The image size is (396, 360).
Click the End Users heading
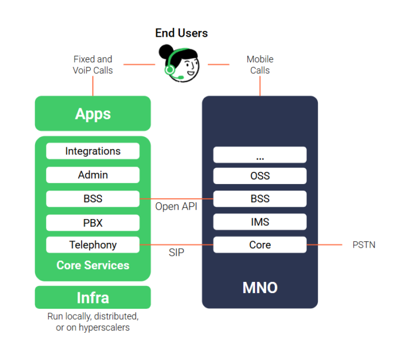pyautogui.click(x=181, y=33)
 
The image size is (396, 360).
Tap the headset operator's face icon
pyautogui.click(x=181, y=64)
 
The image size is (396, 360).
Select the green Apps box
pyautogui.click(x=93, y=114)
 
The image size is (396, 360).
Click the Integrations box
pyautogui.click(x=93, y=151)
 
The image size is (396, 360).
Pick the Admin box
pyautogui.click(x=93, y=175)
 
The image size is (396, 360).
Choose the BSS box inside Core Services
pyautogui.click(x=93, y=199)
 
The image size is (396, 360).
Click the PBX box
pyautogui.click(x=93, y=222)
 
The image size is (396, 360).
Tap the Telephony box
pyautogui.click(x=93, y=245)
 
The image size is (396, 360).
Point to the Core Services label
pyautogui.click(x=93, y=265)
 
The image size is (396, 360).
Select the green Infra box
pyautogui.click(x=93, y=298)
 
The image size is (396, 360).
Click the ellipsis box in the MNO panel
pyautogui.click(x=260, y=155)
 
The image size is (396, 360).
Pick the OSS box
pyautogui.click(x=260, y=176)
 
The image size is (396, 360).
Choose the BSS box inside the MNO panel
pyautogui.click(x=260, y=199)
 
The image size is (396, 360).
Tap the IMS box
pyautogui.click(x=260, y=222)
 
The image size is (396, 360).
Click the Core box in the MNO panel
pyautogui.click(x=260, y=245)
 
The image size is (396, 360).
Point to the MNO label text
pyautogui.click(x=260, y=288)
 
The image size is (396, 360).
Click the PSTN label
pyautogui.click(x=364, y=245)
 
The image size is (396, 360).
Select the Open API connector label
pyautogui.click(x=176, y=207)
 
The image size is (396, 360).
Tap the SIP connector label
pyautogui.click(x=176, y=253)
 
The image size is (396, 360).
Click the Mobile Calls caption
pyautogui.click(x=260, y=65)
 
